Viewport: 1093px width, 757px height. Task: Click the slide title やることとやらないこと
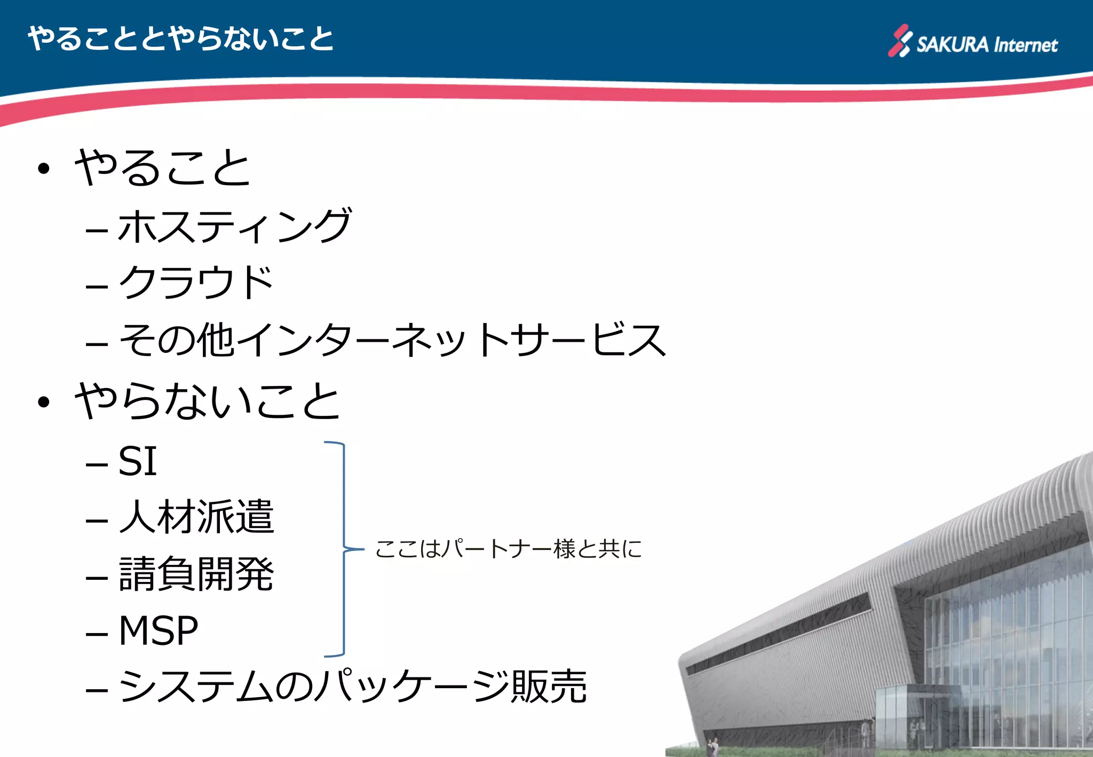(x=180, y=39)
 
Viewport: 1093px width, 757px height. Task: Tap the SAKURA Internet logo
(x=972, y=42)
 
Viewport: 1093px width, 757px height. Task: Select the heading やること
(x=162, y=168)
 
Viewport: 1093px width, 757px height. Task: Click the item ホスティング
(x=234, y=226)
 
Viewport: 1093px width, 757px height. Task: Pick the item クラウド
(x=195, y=282)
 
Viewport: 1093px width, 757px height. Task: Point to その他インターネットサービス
(x=392, y=340)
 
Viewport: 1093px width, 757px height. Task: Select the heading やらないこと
(x=207, y=401)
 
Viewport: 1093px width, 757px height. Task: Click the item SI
(x=137, y=461)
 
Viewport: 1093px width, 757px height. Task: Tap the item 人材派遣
(x=196, y=517)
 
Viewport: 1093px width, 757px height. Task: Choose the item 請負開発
(x=196, y=574)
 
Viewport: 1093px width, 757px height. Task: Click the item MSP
(x=158, y=631)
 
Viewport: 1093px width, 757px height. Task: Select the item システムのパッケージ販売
(x=352, y=687)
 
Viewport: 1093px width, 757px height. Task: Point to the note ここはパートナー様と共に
(x=508, y=549)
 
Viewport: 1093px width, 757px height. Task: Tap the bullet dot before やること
(x=44, y=169)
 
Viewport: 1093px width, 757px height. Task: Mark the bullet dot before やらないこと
(x=44, y=402)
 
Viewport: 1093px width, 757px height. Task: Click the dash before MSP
(x=97, y=635)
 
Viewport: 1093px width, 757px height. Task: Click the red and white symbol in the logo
(x=900, y=41)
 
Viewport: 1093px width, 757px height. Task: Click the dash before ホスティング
(x=97, y=231)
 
